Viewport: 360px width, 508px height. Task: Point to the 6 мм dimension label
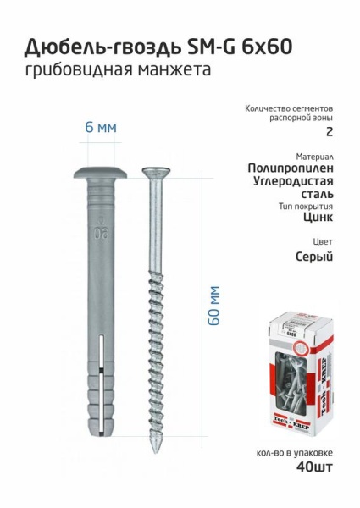click(100, 127)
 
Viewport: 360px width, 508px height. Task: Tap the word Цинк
click(316, 217)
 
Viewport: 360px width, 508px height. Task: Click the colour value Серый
click(313, 257)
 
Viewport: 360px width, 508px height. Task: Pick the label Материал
click(314, 157)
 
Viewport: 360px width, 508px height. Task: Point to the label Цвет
click(322, 240)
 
